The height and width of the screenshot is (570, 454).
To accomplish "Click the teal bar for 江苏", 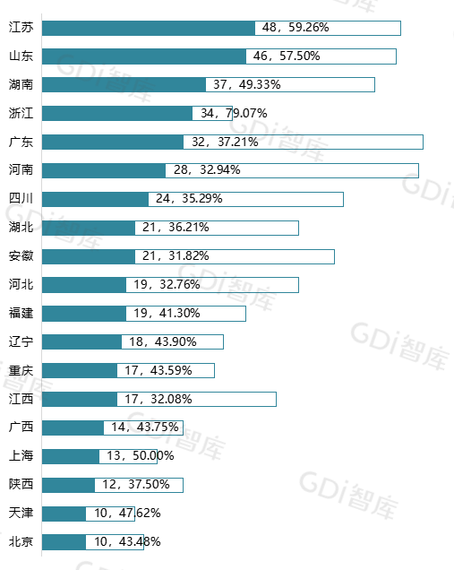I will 149,28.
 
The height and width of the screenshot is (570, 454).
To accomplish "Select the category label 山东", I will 21,56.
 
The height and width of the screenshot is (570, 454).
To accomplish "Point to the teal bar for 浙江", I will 117,114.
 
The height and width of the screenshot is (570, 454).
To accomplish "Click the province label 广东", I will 21,142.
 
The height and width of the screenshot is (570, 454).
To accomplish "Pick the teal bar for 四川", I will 96,199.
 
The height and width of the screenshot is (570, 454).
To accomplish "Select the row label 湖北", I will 21,228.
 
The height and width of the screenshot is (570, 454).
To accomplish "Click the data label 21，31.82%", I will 176,256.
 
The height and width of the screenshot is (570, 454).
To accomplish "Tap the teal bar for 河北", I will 84,285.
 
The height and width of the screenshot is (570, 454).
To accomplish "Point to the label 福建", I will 21,314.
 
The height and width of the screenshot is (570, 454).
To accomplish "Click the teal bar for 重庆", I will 80,370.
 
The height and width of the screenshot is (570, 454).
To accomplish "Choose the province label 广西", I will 21,427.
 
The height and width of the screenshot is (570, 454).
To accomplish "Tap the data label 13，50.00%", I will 141,456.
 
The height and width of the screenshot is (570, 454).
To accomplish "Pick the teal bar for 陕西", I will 69,485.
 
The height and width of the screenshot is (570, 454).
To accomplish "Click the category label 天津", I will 21,514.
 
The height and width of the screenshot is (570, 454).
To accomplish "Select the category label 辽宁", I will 21,342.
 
